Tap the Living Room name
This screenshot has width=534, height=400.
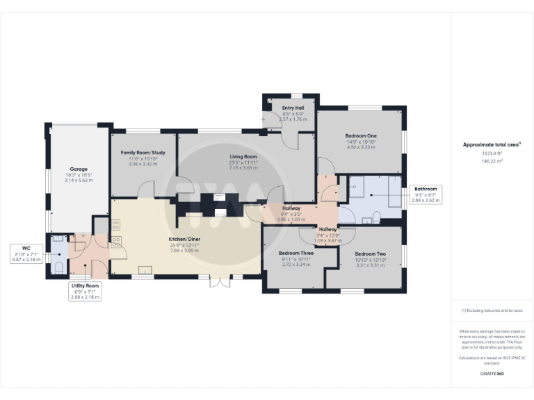point(244,157)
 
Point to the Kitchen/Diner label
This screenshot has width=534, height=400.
point(184,240)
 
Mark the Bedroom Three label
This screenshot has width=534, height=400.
point(296,253)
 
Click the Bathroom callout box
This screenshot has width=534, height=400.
point(426,194)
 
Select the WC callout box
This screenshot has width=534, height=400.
point(25,253)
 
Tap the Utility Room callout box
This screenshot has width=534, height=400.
point(86,291)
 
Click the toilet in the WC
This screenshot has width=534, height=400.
point(58,267)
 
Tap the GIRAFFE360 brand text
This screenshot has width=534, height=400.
point(492,374)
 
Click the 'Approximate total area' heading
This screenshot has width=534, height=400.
point(491,144)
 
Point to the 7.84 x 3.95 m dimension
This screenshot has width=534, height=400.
point(184,251)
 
